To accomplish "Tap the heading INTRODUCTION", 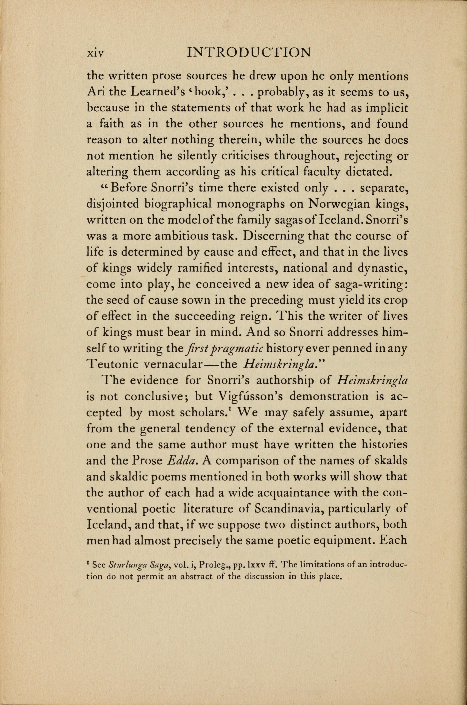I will click(x=249, y=52).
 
